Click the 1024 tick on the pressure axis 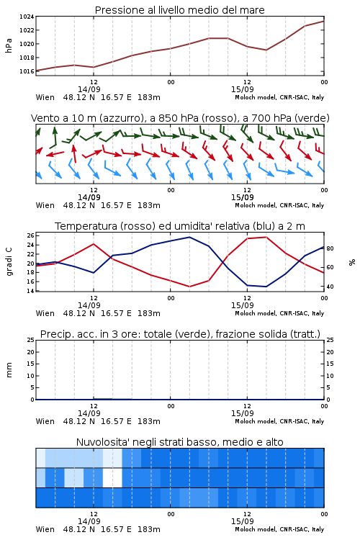click(27, 17)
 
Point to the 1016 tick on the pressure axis click(27, 71)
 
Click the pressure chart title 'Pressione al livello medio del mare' click(180, 10)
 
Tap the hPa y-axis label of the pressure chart click(9, 45)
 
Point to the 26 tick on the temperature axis click(31, 235)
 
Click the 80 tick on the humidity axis click(330, 248)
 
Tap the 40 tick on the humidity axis click(330, 287)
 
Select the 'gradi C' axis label click(9, 262)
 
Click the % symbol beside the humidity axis click(352, 262)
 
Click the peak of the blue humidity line click(189, 238)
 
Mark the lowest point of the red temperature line click(189, 287)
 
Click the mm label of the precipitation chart click(9, 370)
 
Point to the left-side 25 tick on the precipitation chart click(31, 340)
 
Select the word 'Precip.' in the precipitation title click(54, 334)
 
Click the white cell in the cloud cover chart click(112, 477)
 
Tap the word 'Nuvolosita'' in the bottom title click(100, 442)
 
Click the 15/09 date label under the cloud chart click(243, 521)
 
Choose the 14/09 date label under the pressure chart click(89, 89)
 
